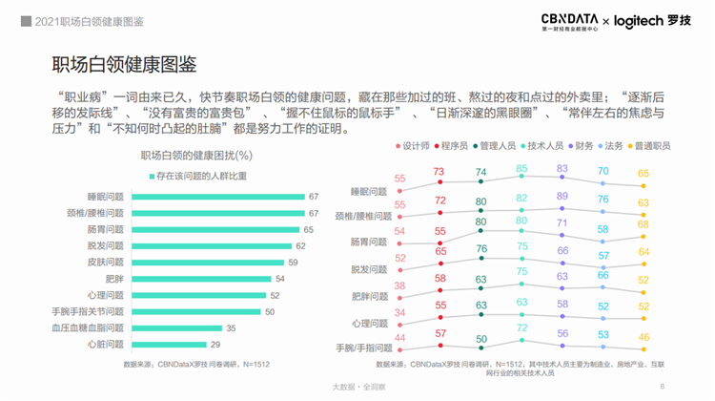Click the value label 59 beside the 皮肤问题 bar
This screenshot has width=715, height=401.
(294, 262)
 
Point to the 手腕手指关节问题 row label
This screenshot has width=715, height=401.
(89, 311)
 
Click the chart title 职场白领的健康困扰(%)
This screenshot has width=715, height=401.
(195, 155)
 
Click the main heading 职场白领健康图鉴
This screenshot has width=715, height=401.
(124, 65)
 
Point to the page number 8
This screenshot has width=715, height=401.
(662, 386)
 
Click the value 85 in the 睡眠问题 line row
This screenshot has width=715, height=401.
(521, 168)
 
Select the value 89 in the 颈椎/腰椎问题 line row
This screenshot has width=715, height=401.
(562, 196)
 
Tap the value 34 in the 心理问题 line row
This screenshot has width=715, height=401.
(399, 312)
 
